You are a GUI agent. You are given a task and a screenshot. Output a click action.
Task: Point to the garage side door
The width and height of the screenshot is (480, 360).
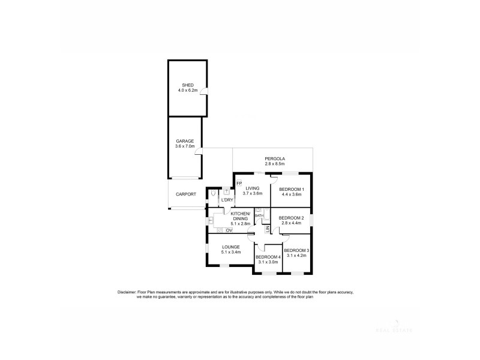199,152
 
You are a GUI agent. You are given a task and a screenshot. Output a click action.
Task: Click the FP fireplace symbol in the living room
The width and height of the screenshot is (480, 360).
239,182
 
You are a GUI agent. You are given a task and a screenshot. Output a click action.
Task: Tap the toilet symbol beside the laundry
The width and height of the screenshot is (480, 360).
214,195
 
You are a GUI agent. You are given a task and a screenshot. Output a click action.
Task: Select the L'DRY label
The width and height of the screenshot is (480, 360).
227,200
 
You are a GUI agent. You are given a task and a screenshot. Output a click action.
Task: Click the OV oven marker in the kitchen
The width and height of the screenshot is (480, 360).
229,230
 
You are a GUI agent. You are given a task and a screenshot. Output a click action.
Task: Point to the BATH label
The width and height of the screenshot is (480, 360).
259,215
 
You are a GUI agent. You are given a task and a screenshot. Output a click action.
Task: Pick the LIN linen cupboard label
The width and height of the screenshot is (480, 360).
268,230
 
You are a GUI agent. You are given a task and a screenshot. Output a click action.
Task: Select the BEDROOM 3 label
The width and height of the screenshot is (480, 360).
296,250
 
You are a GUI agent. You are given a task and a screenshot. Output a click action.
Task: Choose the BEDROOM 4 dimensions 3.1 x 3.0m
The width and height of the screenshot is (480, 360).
267,262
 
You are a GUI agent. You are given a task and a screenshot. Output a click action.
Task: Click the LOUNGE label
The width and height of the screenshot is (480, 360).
230,247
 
